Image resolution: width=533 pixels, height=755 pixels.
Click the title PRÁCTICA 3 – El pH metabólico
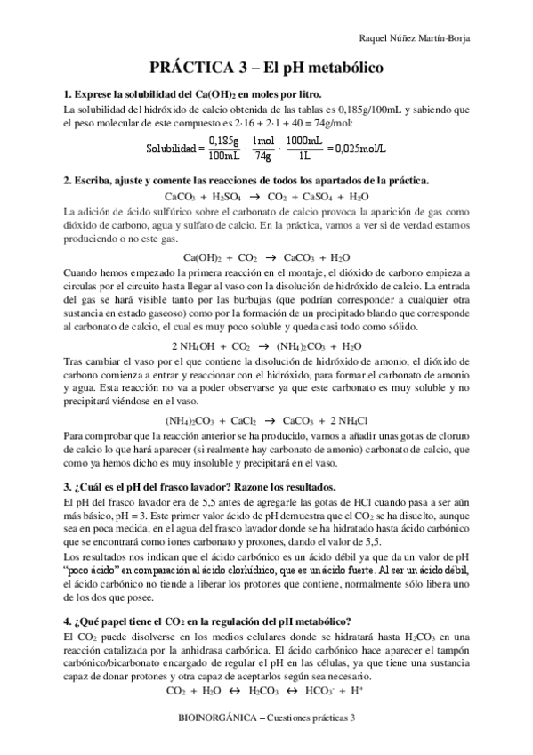(x=266, y=67)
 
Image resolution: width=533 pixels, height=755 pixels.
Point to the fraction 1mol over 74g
(x=262, y=148)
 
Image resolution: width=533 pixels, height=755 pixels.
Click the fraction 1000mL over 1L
(x=304, y=148)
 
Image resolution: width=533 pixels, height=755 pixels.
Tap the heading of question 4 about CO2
(x=208, y=621)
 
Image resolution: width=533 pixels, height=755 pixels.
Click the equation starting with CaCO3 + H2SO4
(x=267, y=196)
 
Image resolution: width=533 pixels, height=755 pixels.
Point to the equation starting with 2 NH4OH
(x=266, y=345)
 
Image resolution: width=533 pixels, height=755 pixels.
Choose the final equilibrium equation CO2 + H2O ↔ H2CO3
(x=266, y=689)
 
